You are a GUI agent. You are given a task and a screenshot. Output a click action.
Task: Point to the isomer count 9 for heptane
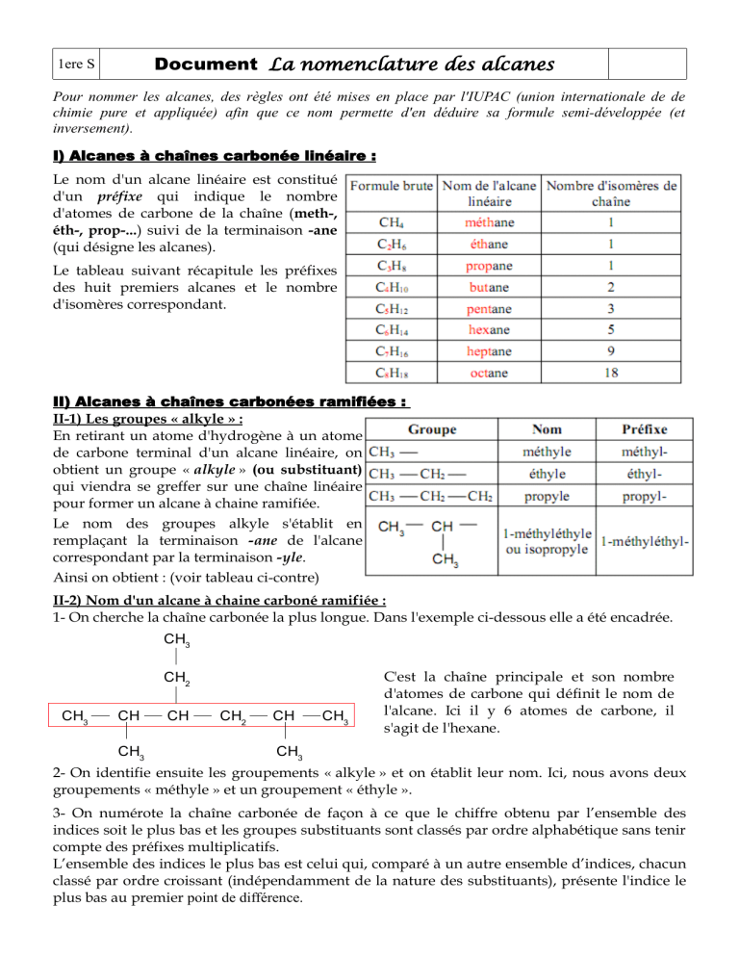611,351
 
